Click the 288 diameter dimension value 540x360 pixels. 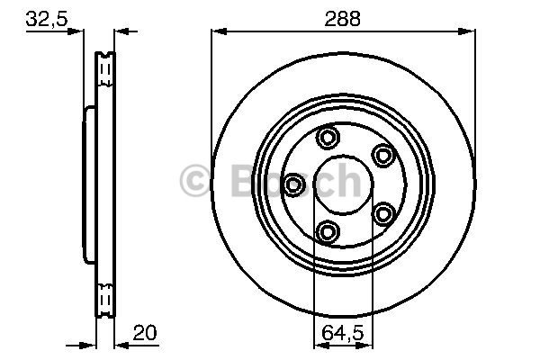coord(342,18)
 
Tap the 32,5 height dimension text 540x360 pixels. coord(47,18)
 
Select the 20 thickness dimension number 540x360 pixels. coord(145,332)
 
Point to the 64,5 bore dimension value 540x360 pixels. coord(343,333)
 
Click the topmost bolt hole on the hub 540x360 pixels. coord(328,138)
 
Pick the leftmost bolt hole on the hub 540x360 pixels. coord(294,184)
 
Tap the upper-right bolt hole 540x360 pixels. coord(383,155)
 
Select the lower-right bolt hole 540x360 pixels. coord(383,214)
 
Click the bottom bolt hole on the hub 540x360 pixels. coord(328,231)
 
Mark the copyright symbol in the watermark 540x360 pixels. coord(195,180)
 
